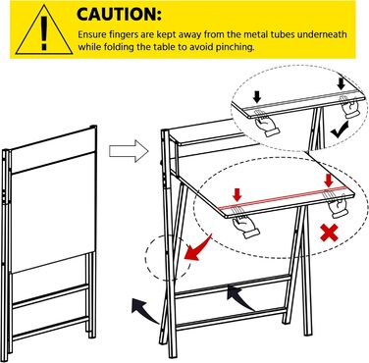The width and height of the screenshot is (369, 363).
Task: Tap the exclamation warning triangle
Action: point(44,30)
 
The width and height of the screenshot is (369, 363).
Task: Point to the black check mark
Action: point(340,129)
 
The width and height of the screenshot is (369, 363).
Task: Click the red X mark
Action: point(329,233)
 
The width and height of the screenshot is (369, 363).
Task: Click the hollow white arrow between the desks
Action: point(129,151)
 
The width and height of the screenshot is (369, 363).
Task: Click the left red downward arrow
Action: point(237,195)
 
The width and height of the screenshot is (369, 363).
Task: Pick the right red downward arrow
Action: point(328,181)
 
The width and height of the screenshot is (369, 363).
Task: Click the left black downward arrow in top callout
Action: point(257,97)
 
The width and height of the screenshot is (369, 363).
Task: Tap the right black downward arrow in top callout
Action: point(342,83)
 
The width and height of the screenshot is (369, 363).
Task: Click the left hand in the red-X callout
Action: point(243,225)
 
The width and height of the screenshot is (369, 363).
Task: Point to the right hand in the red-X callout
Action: point(337,205)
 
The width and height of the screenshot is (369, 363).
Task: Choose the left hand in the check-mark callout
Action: point(267,124)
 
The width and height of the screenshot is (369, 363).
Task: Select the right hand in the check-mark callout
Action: point(350,106)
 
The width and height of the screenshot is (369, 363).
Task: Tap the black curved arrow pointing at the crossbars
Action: point(239,297)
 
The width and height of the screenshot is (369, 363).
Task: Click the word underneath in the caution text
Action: point(322,34)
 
